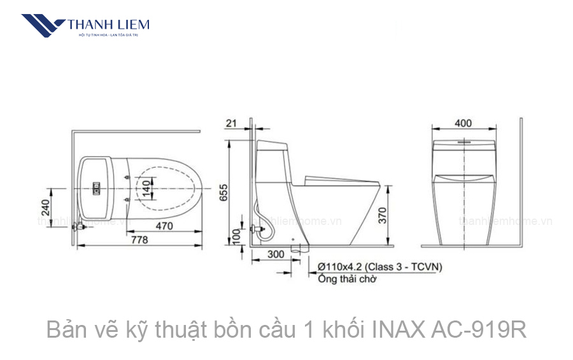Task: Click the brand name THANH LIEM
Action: point(108,25)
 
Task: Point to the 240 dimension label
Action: point(45,208)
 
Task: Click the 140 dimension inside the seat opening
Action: point(147,187)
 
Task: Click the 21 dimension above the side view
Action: point(231,122)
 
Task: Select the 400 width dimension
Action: point(464,122)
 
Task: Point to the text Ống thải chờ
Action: point(348,278)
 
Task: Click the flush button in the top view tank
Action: point(97,188)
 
